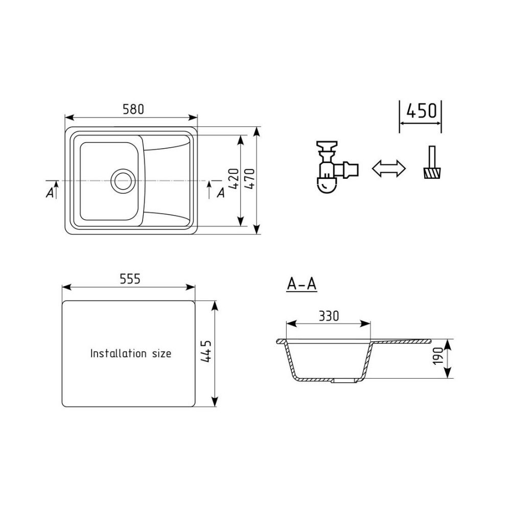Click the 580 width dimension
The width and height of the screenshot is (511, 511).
pyautogui.click(x=133, y=109)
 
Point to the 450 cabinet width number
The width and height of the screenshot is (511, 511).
pyautogui.click(x=421, y=111)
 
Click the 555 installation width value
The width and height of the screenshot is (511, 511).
pyautogui.click(x=130, y=279)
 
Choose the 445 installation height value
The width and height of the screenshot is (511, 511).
pyautogui.click(x=206, y=352)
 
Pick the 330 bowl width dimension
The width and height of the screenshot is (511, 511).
pyautogui.click(x=329, y=316)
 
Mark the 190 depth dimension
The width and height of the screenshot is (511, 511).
pyautogui.click(x=438, y=356)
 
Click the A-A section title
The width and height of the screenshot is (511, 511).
pyautogui.click(x=301, y=284)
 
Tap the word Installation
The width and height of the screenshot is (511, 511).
pyautogui.click(x=118, y=353)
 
